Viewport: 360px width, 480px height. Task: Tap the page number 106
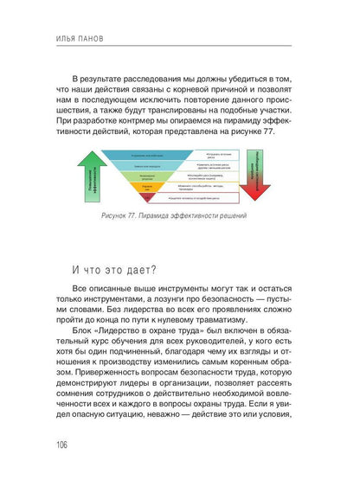(61, 445)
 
